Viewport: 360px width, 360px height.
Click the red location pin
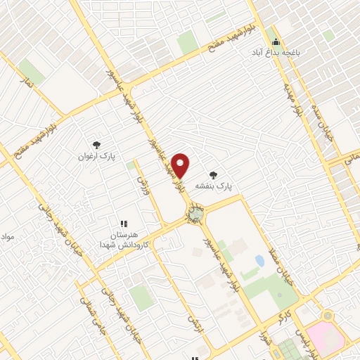pos(181,165)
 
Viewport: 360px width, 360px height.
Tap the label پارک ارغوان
pos(96,155)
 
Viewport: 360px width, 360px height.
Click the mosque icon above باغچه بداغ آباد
pos(276,43)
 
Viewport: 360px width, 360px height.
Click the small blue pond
pos(260,261)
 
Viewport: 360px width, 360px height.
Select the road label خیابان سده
pos(324,134)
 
